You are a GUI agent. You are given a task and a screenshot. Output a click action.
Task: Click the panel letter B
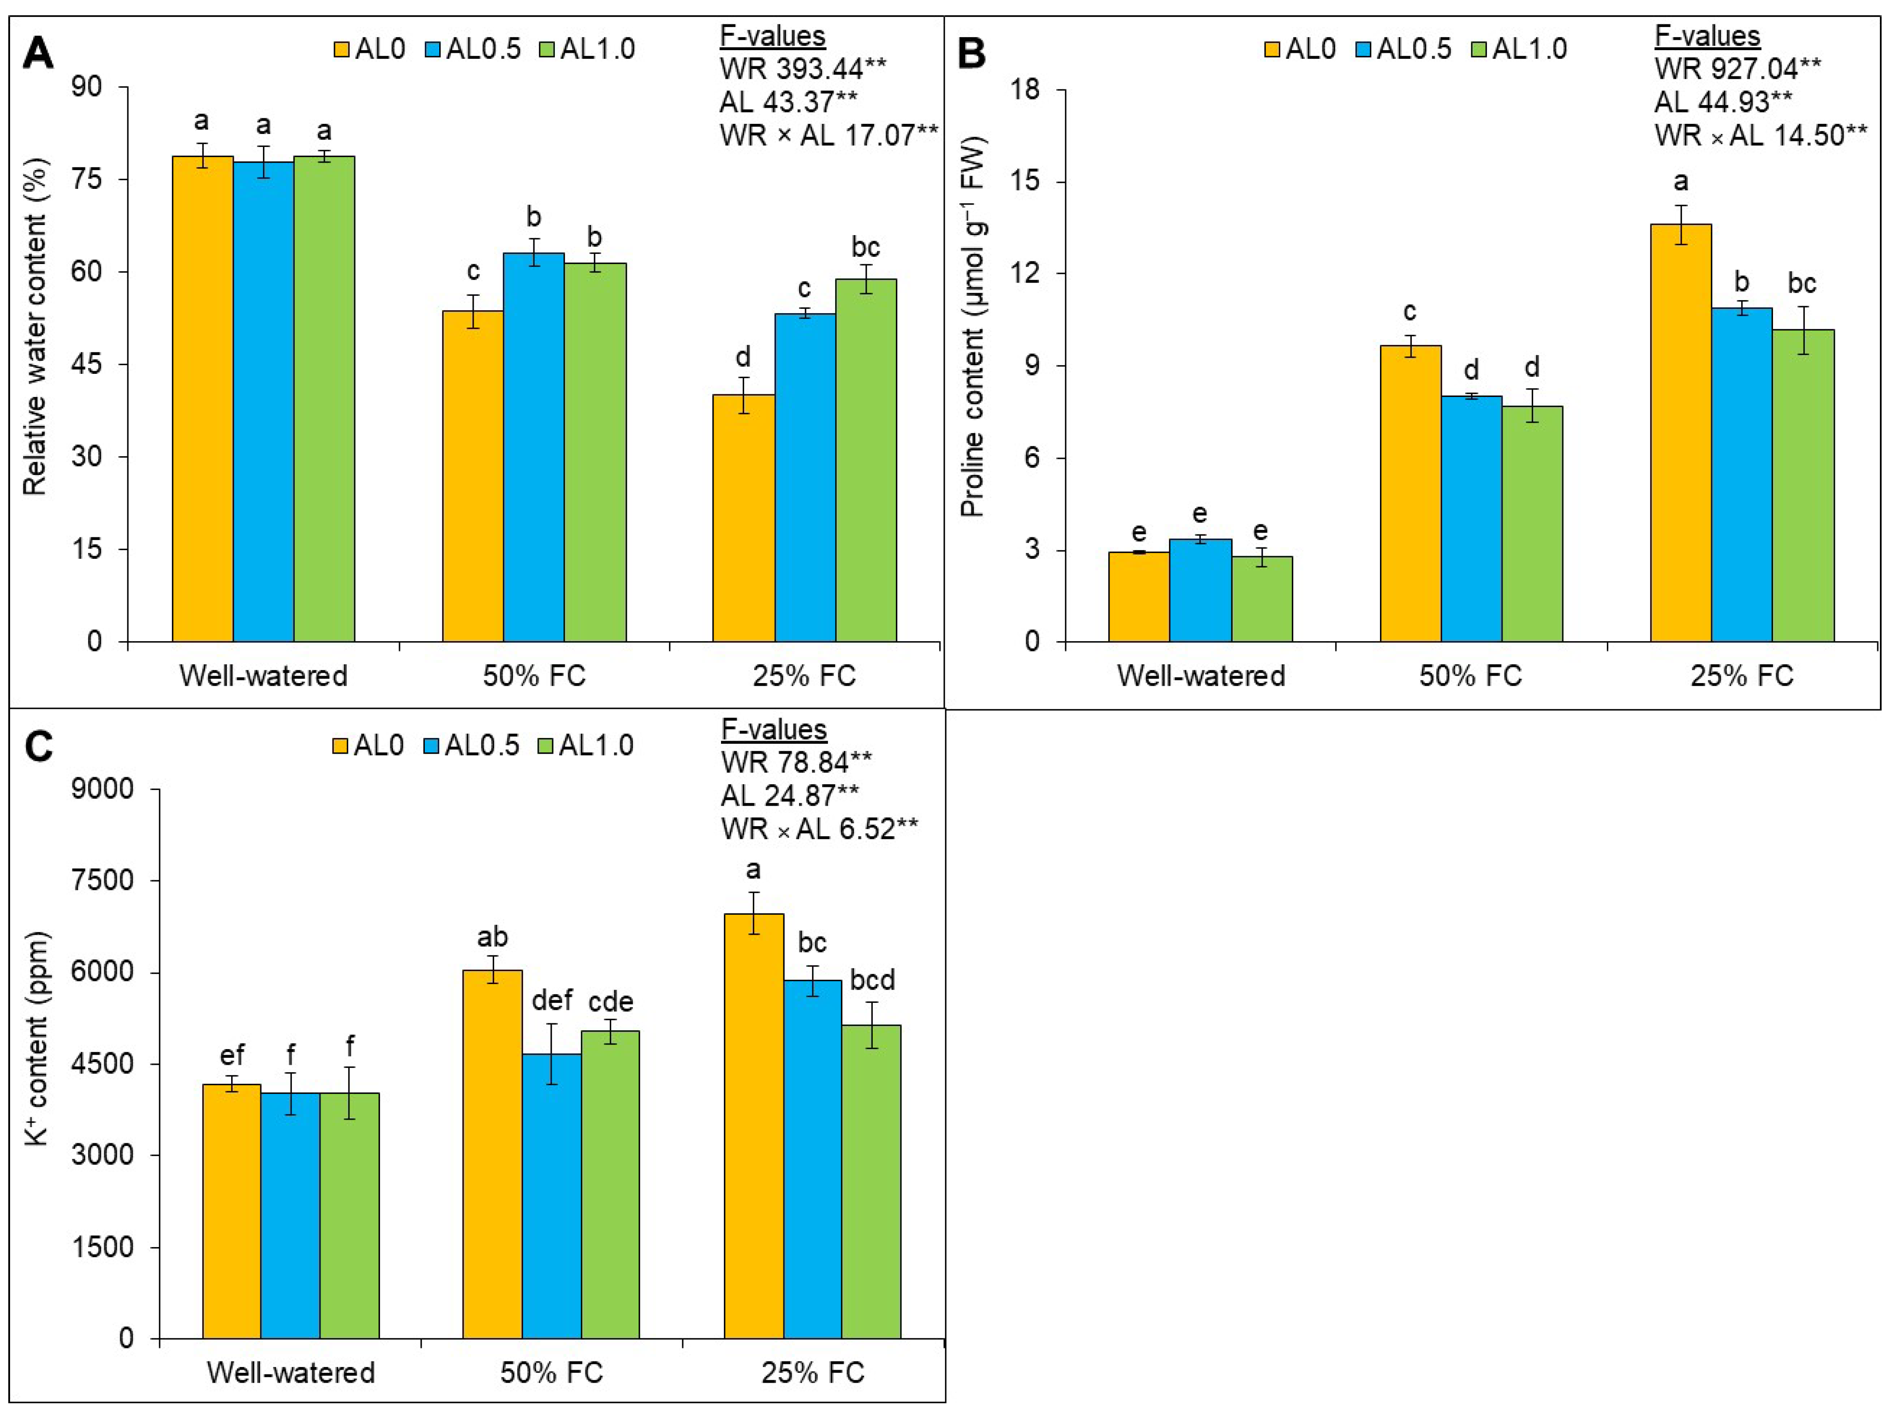(x=971, y=53)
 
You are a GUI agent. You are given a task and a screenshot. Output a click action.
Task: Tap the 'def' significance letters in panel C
(x=552, y=999)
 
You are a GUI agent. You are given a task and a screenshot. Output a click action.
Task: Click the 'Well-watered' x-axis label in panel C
(x=290, y=1372)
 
